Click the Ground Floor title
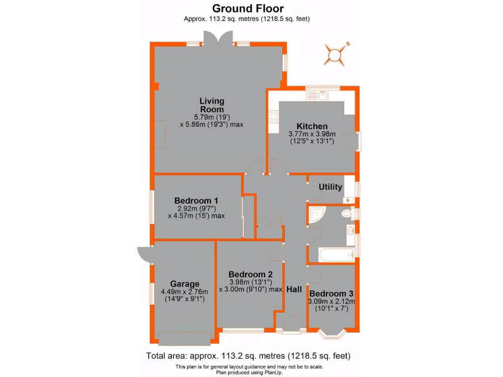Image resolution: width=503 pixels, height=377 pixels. pyautogui.click(x=248, y=8)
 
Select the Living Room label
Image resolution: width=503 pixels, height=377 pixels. pyautogui.click(x=212, y=105)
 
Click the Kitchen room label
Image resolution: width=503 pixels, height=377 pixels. pyautogui.click(x=311, y=126)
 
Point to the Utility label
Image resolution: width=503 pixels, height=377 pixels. pyautogui.click(x=330, y=187)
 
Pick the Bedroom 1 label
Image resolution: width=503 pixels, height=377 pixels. pyautogui.click(x=196, y=200)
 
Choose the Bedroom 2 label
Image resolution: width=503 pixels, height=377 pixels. pyautogui.click(x=250, y=274)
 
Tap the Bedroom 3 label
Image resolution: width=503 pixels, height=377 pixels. pyautogui.click(x=331, y=294)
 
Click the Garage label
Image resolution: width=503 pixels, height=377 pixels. pyautogui.click(x=185, y=284)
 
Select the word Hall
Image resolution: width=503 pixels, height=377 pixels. pyautogui.click(x=294, y=290)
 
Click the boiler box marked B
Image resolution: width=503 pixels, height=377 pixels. pyautogui.click(x=349, y=200)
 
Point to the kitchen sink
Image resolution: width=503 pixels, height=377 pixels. pyautogui.click(x=322, y=95)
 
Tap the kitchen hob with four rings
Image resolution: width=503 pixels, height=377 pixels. pyautogui.click(x=273, y=116)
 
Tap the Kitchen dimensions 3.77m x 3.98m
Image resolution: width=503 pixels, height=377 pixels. pyautogui.click(x=311, y=134)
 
